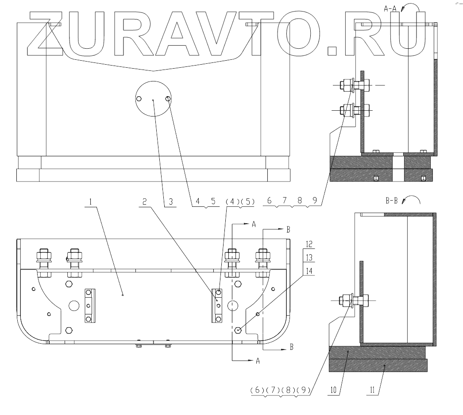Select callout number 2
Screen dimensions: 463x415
[144, 202]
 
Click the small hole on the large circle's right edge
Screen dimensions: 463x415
[168, 98]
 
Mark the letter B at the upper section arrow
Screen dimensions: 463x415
[288, 229]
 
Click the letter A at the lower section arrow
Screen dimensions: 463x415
[257, 361]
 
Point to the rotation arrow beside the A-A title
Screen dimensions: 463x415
[411, 6]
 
